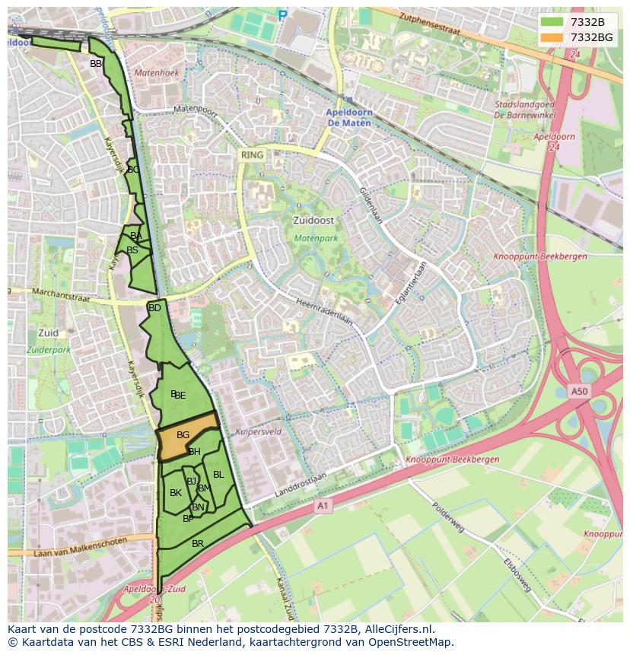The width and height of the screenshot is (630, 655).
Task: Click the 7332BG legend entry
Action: (577, 37)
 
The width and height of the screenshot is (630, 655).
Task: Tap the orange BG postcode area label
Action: (183, 434)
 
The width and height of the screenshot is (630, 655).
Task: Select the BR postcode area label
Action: (198, 543)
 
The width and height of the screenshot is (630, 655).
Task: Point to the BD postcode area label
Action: (154, 308)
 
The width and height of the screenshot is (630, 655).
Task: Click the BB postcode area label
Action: (96, 64)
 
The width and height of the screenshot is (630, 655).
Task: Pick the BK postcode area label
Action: (176, 493)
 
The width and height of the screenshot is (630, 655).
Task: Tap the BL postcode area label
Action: (218, 475)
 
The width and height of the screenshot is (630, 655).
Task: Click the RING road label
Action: (252, 155)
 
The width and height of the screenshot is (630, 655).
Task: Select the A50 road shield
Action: (580, 391)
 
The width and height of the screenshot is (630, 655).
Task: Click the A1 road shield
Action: (322, 505)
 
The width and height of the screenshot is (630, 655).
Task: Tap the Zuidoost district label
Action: (313, 220)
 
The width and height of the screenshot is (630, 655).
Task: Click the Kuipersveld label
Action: (259, 431)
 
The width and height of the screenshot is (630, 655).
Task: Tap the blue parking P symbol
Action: (283, 15)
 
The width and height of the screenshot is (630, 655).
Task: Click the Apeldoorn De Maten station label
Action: (348, 116)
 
